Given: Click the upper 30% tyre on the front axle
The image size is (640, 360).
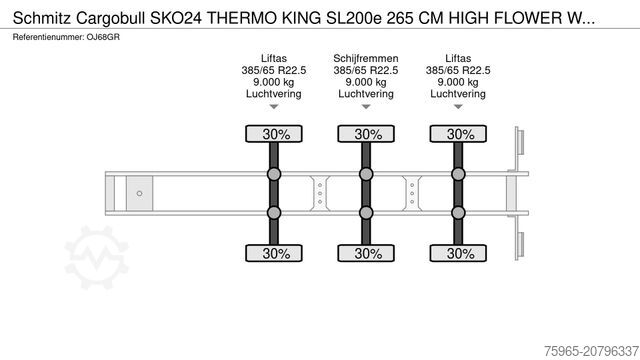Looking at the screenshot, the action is (276, 134).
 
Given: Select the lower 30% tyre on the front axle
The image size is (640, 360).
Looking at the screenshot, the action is (276, 253).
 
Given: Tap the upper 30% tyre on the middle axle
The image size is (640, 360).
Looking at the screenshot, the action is (368, 134).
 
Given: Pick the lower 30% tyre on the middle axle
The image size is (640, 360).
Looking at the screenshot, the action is (368, 253).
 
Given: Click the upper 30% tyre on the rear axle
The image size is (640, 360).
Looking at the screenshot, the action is (460, 134).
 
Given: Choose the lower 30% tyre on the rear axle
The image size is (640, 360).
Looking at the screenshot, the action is (460, 253).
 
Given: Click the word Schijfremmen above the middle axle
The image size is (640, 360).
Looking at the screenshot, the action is (368, 58).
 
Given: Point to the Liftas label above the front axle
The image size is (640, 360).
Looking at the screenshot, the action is (276, 58).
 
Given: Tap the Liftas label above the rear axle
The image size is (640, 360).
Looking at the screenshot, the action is (460, 58).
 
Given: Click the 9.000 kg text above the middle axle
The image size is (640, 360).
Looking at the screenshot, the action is (368, 82).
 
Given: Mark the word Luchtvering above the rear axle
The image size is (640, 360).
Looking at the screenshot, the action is (460, 94).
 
